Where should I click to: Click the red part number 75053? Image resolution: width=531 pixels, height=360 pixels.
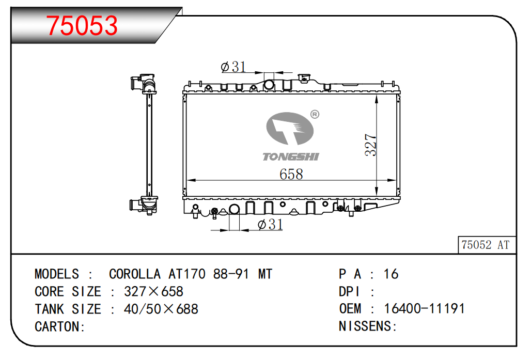click(x=82, y=25)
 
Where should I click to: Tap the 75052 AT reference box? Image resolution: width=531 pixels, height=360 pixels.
click(x=487, y=245)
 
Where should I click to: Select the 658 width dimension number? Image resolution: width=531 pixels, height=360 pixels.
click(x=291, y=174)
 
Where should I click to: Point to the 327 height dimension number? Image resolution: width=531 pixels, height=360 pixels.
click(x=371, y=145)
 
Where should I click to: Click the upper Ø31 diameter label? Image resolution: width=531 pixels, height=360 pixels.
click(x=233, y=67)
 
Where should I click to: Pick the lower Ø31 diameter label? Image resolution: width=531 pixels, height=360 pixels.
click(x=270, y=224)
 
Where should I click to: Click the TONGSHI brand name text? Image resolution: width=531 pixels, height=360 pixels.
click(x=291, y=156)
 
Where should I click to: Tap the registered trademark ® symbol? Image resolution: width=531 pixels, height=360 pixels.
click(x=315, y=115)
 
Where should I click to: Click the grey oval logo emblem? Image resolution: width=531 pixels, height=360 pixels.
click(x=290, y=129)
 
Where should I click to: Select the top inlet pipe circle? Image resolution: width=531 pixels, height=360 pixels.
click(x=269, y=85)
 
